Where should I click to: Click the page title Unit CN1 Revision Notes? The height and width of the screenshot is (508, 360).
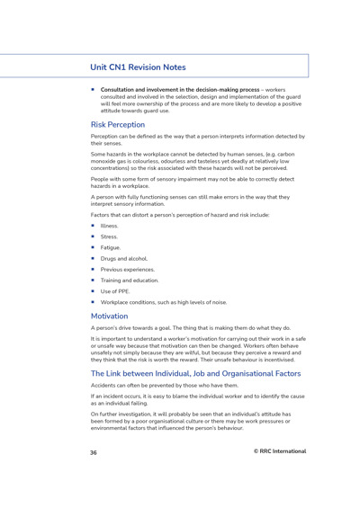pos(138,67)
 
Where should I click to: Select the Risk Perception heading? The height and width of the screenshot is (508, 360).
pos(117,124)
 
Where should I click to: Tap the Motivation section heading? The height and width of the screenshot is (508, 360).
pos(109,316)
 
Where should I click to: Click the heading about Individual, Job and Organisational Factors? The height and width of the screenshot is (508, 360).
pos(195,373)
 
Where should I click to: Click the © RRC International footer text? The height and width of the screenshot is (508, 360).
pos(279,451)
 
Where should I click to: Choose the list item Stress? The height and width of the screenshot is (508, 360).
pos(109,236)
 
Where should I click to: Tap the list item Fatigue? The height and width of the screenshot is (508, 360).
pos(110,247)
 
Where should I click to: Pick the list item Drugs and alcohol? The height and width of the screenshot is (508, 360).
pos(123,258)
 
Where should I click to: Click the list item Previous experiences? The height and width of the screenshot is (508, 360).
pos(127,269)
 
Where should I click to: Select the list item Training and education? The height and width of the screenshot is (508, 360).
pos(130,280)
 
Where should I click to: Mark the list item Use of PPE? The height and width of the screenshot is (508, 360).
pos(115,291)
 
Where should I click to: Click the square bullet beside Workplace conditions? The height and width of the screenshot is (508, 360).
pos(93,302)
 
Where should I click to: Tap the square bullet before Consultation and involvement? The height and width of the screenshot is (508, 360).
pos(93,90)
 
